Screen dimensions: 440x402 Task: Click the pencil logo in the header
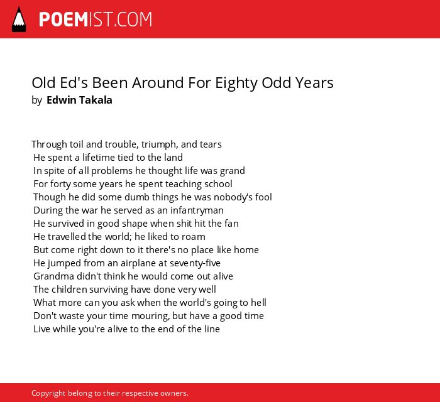(x=19, y=19)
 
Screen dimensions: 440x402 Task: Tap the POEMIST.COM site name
(x=96, y=19)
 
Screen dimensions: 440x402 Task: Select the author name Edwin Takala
(x=79, y=100)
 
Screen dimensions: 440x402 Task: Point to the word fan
(x=231, y=224)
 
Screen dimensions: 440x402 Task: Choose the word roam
(x=194, y=237)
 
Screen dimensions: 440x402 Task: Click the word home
(x=246, y=250)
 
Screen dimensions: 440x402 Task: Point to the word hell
(x=258, y=303)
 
